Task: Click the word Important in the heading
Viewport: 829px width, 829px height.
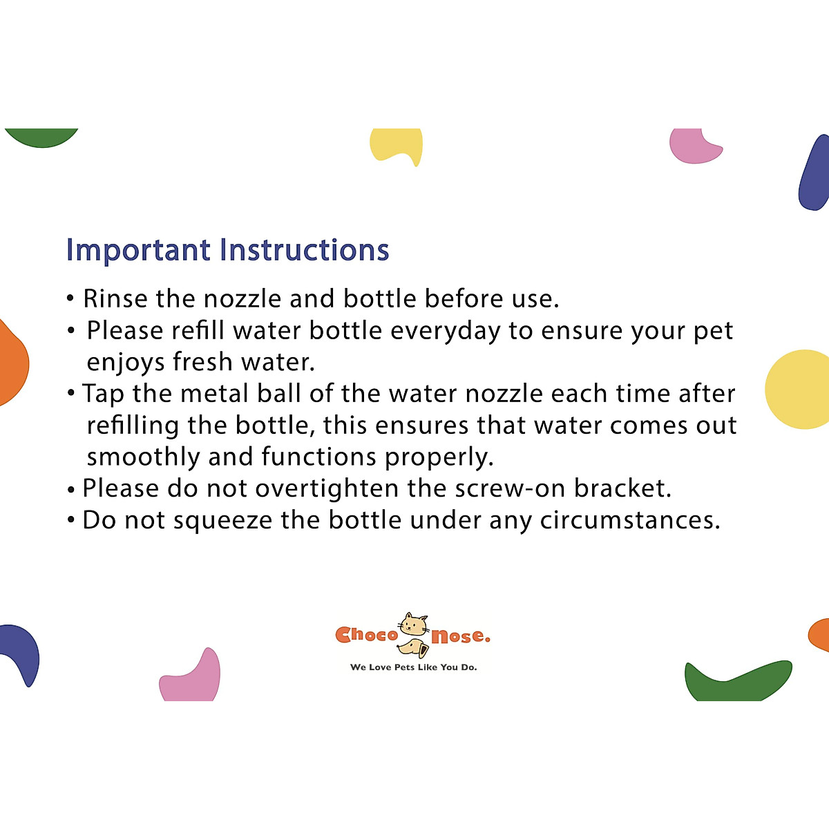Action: pyautogui.click(x=137, y=250)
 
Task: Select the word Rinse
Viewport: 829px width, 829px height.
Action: pyautogui.click(x=115, y=298)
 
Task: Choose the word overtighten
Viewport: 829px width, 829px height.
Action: pyautogui.click(x=327, y=488)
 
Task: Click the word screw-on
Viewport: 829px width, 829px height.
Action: pyautogui.click(x=511, y=488)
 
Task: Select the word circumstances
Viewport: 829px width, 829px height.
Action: pyautogui.click(x=630, y=520)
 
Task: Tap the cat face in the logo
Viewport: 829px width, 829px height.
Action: pyautogui.click(x=414, y=625)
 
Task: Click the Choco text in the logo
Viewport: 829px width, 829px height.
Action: pyautogui.click(x=366, y=635)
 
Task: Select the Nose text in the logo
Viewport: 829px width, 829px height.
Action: pyautogui.click(x=460, y=636)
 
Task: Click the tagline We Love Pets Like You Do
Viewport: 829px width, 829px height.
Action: pyautogui.click(x=413, y=667)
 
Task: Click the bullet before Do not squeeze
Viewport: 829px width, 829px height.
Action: pyautogui.click(x=71, y=520)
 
